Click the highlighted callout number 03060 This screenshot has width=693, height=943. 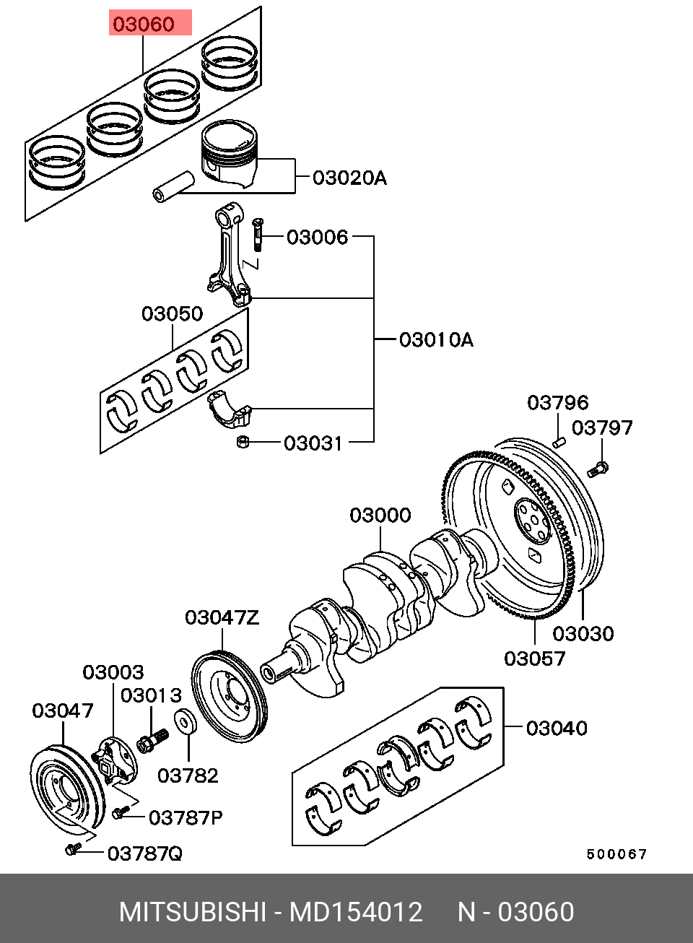coord(144,24)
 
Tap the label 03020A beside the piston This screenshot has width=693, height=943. coord(349,178)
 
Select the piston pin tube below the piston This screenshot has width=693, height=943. coord(173,186)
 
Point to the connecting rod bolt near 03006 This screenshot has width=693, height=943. coord(258,235)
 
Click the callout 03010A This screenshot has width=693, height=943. coord(436,340)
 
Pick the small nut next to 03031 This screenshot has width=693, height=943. coord(243,442)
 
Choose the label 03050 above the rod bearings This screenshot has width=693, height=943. coord(172,313)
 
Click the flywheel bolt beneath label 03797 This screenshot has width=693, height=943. coord(598,469)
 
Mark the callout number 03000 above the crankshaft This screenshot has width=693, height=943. coord(380,516)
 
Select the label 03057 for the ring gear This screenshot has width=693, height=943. coord(534,659)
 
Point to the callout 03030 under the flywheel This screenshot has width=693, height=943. coord(583,633)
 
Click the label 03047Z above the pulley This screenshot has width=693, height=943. coord(222,617)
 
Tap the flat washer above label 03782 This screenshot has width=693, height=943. coord(186,721)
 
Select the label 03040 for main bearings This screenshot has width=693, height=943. coord(557,728)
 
